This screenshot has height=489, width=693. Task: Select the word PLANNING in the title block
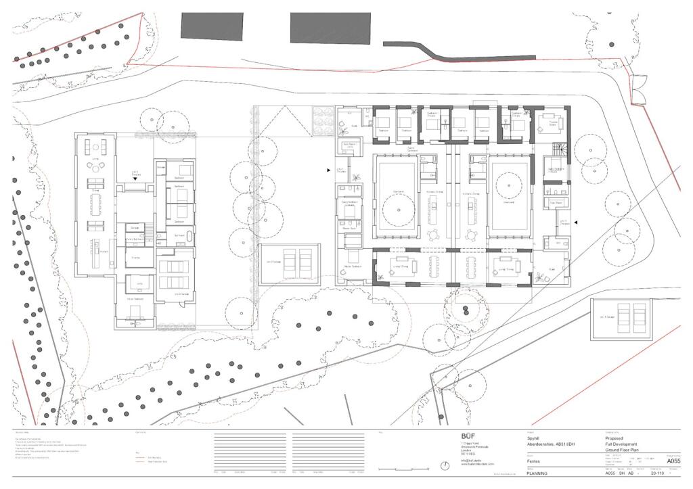point(537,473)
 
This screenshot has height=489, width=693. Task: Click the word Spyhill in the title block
point(533,437)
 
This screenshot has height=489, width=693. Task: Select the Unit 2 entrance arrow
point(330,171)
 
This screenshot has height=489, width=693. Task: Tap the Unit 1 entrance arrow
point(576,222)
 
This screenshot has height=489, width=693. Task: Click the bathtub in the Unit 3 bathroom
point(190,237)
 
